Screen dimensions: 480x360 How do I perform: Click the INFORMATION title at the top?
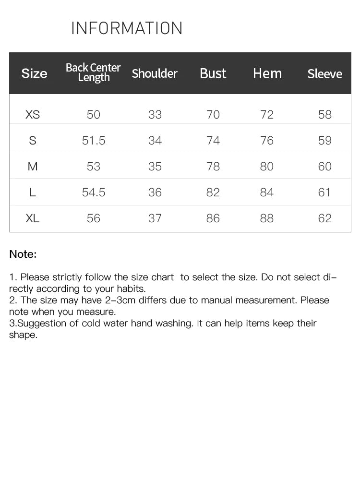click(x=127, y=28)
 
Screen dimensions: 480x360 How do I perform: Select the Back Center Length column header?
click(x=93, y=72)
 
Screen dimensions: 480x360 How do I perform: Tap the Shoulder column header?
click(x=155, y=73)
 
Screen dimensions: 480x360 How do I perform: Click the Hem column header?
click(x=267, y=73)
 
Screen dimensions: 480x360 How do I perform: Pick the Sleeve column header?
click(x=324, y=74)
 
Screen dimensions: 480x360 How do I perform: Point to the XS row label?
click(x=33, y=115)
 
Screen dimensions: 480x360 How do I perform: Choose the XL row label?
click(x=33, y=218)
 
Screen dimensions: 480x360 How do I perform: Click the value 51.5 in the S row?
click(x=94, y=141)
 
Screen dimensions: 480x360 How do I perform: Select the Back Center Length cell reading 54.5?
click(x=94, y=192)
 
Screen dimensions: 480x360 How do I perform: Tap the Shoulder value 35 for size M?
click(x=155, y=167)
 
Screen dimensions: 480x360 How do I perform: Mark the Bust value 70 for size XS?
click(x=213, y=115)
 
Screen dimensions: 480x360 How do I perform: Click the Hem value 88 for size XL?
click(x=266, y=218)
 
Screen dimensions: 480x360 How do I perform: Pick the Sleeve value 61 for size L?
click(x=324, y=192)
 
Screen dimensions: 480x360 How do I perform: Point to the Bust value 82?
click(x=213, y=192)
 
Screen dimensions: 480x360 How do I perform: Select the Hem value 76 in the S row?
click(x=266, y=141)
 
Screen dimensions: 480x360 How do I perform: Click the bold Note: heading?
click(x=23, y=254)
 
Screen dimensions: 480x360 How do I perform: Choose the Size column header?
click(x=34, y=73)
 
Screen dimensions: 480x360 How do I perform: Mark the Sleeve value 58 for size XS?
click(x=324, y=115)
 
